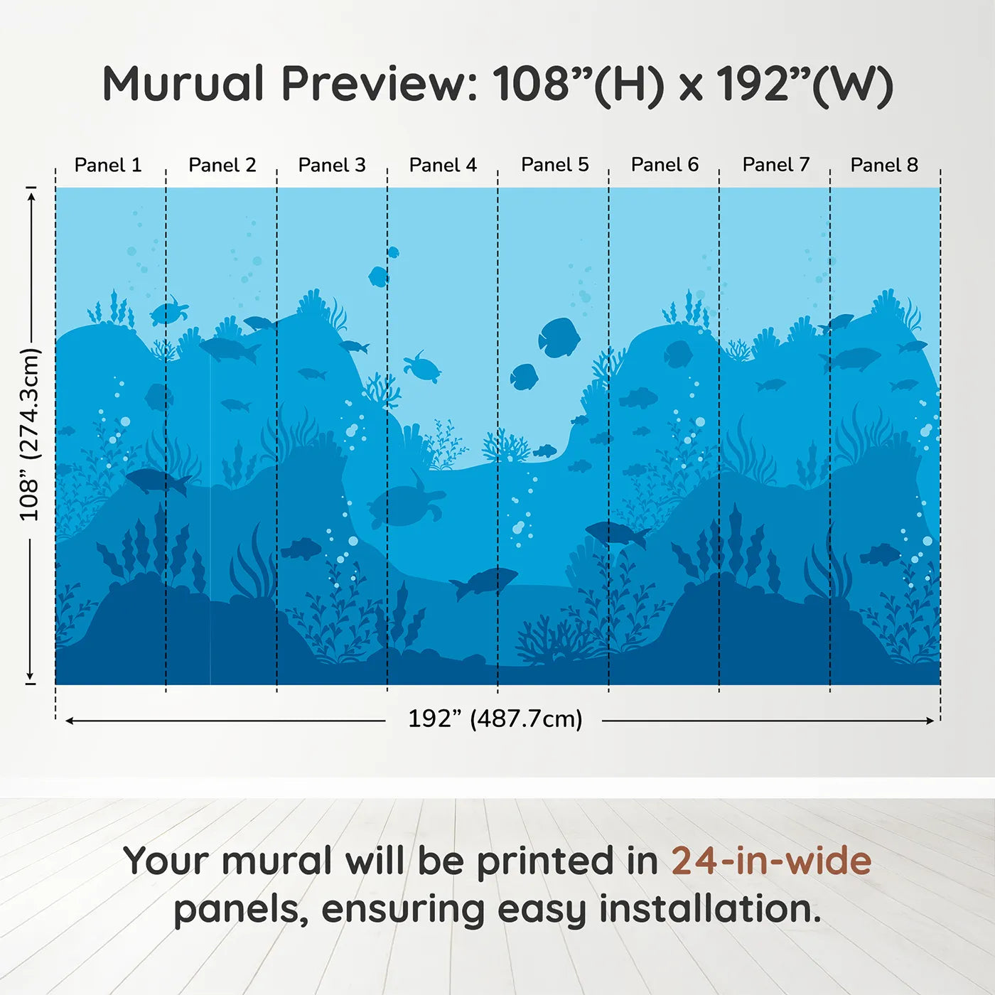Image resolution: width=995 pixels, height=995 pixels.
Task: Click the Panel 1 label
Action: [108, 165]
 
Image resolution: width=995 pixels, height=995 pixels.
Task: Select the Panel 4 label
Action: [443, 165]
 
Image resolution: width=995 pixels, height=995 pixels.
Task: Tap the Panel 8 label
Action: [884, 165]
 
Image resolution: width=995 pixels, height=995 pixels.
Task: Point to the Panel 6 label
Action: [665, 165]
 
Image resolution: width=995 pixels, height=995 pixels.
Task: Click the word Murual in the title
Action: [183, 84]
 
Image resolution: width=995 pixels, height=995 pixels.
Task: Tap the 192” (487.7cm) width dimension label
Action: [495, 719]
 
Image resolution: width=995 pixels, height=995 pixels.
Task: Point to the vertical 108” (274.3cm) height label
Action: [29, 434]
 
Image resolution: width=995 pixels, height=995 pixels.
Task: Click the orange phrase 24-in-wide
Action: [770, 861]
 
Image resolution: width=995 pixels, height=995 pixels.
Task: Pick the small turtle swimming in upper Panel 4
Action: [422, 367]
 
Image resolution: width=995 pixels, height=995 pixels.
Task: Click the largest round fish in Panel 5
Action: [559, 337]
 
